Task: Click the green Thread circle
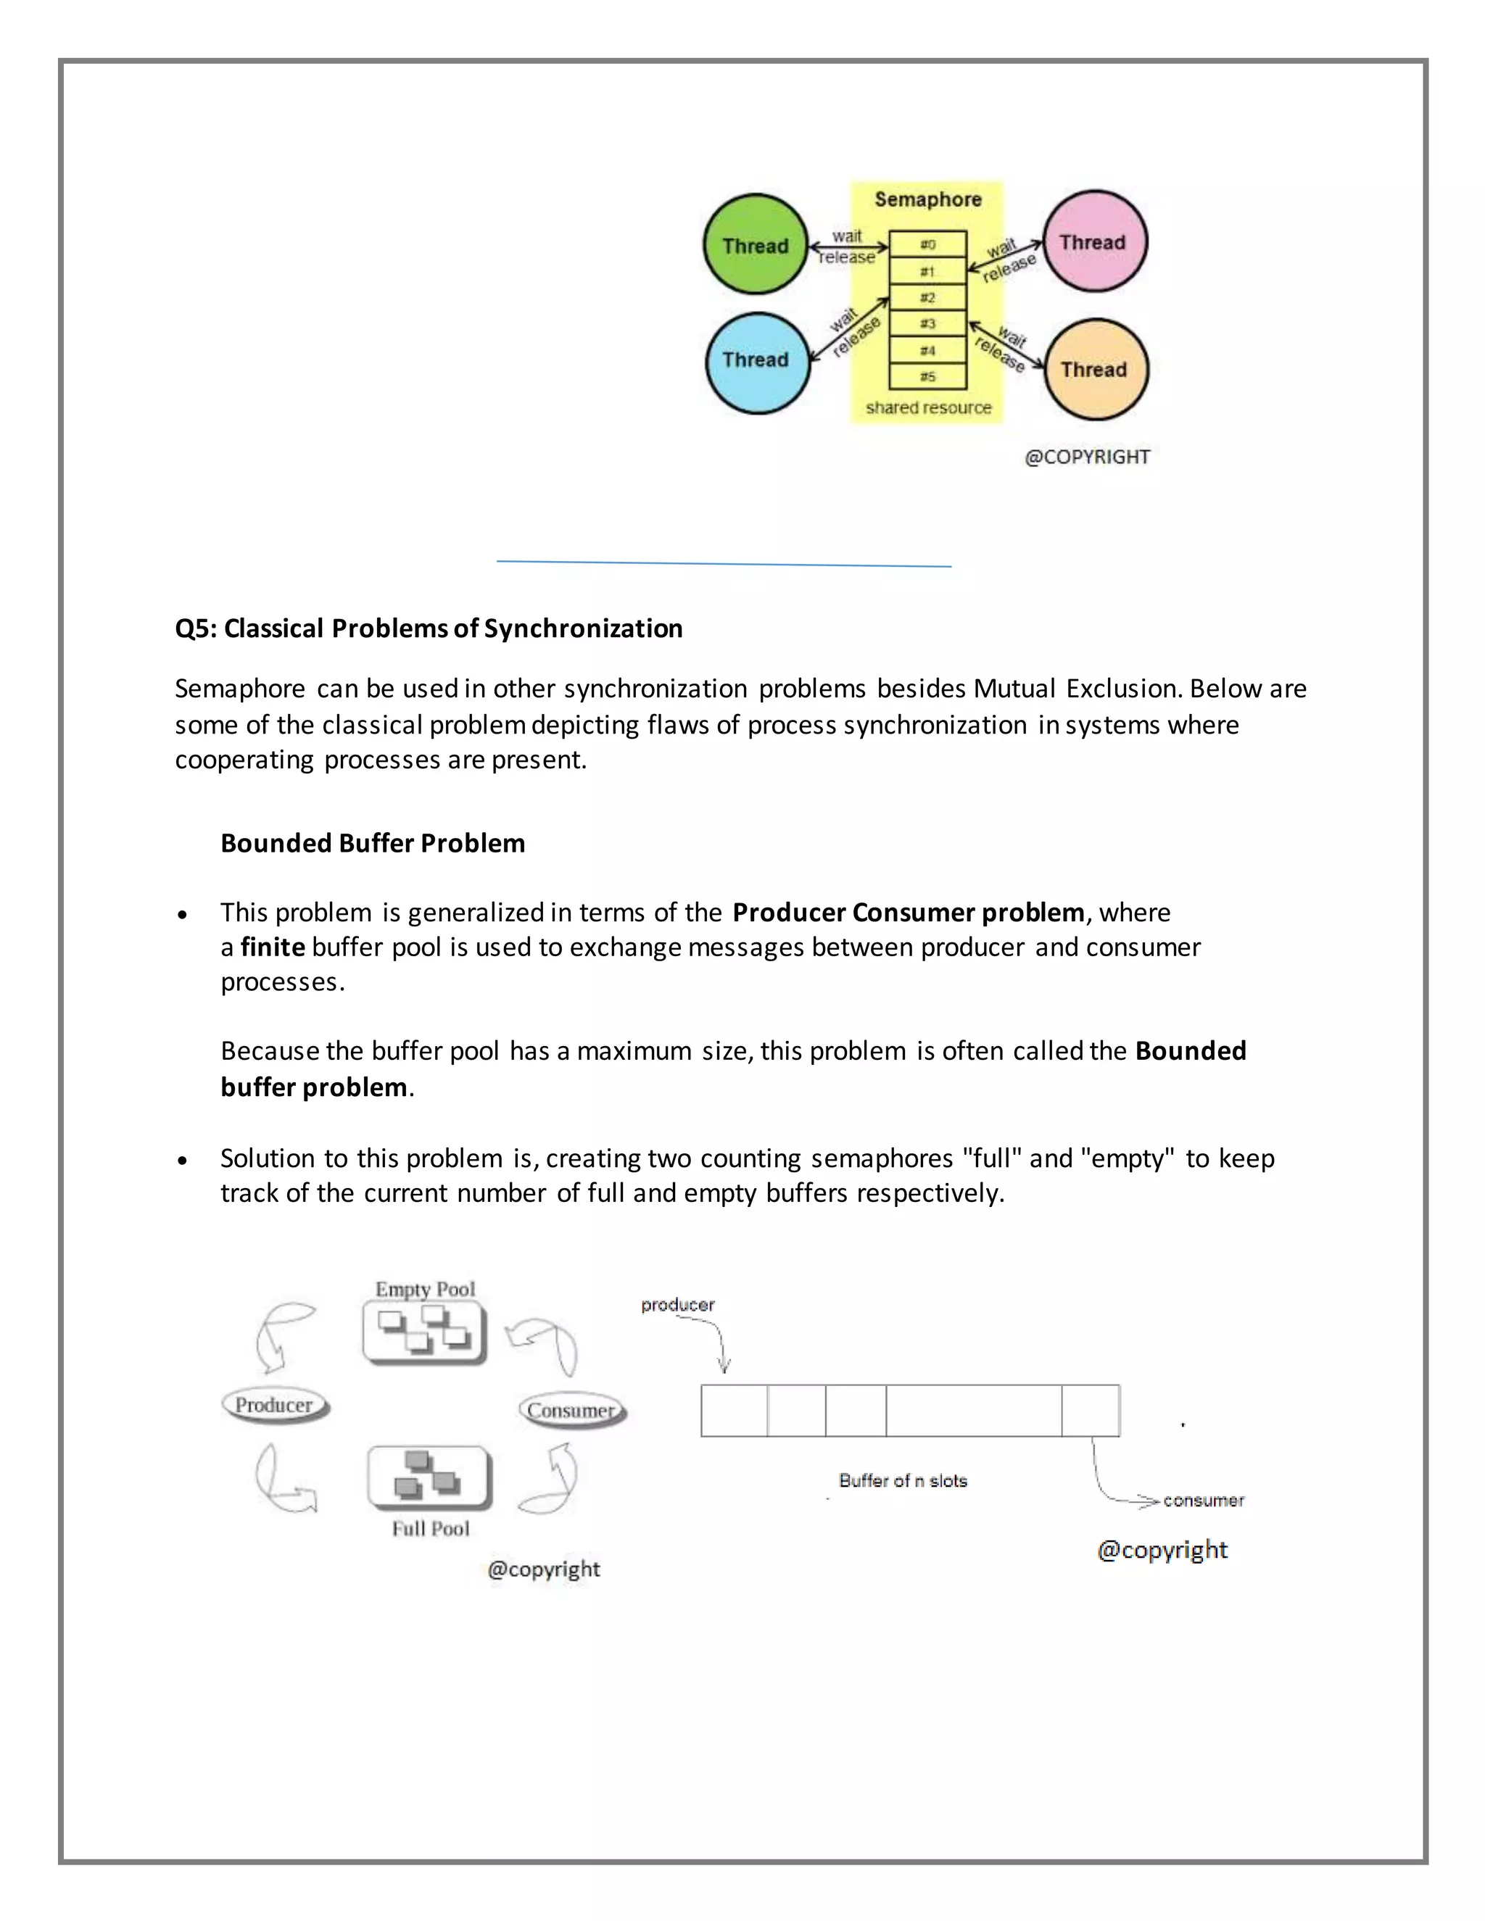click(756, 244)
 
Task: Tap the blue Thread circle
click(756, 360)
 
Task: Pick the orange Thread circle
click(1096, 370)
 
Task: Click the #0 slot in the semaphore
click(927, 244)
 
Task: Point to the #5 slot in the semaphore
click(927, 376)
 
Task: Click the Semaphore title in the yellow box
click(927, 199)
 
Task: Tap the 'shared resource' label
click(928, 407)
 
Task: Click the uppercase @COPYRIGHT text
click(1088, 457)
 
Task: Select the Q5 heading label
click(429, 628)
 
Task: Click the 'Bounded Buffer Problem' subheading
click(372, 842)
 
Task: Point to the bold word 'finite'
click(273, 947)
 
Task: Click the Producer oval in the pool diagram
click(275, 1406)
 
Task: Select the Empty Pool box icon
click(424, 1331)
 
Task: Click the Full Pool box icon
click(429, 1477)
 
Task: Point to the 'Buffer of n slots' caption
click(903, 1480)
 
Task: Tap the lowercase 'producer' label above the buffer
click(677, 1304)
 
